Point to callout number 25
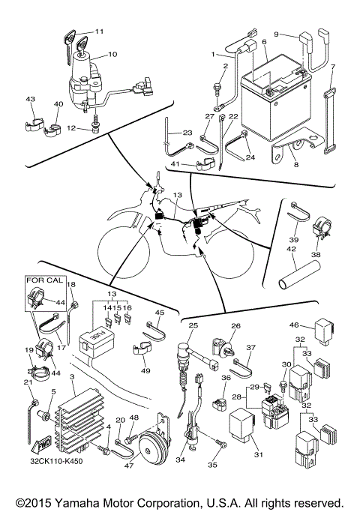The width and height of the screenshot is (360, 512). coord(193,325)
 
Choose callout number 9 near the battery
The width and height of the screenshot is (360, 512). coord(276,34)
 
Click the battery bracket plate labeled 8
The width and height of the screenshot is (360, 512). coord(289,154)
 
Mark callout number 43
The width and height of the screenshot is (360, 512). coord(31,100)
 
